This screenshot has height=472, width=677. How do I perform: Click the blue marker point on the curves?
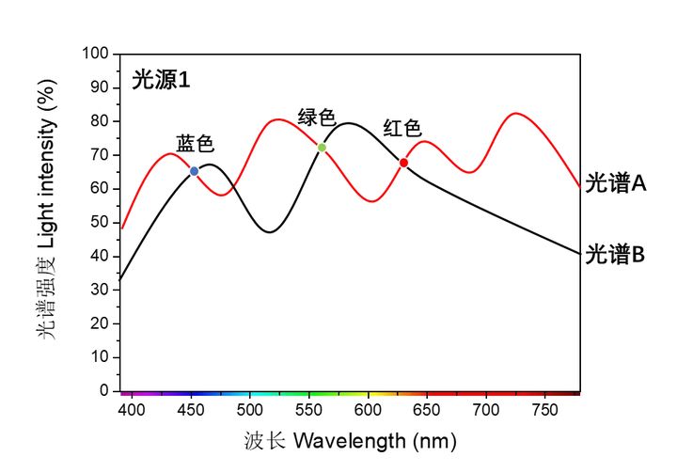195,171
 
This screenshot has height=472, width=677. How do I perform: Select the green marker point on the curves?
322,148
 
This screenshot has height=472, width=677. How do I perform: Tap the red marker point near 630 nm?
403,163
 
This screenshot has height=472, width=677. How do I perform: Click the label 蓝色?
196,144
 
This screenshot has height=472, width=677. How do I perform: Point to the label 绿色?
317,118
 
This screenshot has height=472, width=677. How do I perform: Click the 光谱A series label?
615,183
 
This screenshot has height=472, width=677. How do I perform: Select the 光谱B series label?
615,254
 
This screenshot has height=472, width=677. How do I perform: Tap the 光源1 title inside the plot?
161,81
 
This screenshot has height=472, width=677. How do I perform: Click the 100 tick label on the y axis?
97,54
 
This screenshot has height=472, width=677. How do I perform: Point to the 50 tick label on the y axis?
101,222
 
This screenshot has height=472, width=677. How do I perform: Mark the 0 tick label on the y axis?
105,390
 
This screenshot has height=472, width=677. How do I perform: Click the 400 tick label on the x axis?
133,410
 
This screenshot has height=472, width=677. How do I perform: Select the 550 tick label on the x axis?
308,410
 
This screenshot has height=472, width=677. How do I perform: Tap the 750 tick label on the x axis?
544,410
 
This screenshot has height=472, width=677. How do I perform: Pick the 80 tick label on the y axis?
101,121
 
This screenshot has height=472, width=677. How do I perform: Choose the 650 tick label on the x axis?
427,410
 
